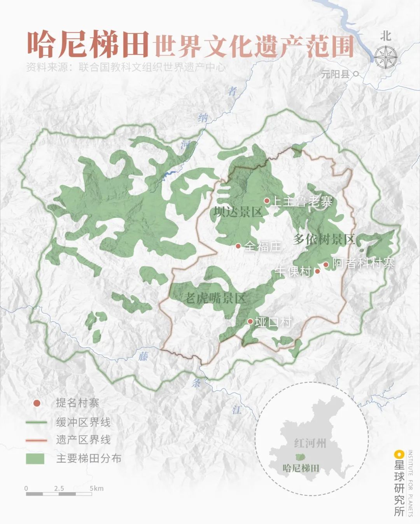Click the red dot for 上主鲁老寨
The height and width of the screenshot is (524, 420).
point(267,201)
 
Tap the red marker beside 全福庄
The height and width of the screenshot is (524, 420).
point(238,246)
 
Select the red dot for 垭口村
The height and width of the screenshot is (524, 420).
point(250,321)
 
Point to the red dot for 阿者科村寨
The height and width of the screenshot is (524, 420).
point(326,265)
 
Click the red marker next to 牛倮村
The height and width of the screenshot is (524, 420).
point(317,271)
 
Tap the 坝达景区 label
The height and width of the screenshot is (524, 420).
point(238,212)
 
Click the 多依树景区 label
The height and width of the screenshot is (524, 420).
point(324,240)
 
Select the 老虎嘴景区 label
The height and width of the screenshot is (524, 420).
point(215,298)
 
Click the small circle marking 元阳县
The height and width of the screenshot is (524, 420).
point(355,73)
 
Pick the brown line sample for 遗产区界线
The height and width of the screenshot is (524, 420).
point(36,440)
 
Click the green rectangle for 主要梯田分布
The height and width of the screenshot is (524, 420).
point(35,459)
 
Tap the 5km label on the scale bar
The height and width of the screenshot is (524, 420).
point(96,488)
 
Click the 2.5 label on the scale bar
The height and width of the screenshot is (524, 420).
point(59,488)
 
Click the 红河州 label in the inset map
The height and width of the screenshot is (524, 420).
point(310,443)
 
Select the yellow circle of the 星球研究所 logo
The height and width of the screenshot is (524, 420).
point(398,454)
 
